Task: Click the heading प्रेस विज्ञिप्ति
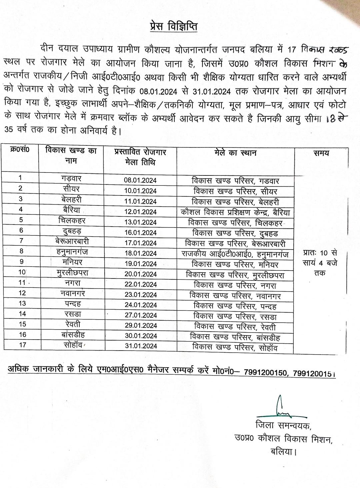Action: click(x=173, y=26)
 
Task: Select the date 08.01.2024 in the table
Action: click(x=140, y=180)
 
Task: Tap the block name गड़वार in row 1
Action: click(x=71, y=178)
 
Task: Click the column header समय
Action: click(x=321, y=153)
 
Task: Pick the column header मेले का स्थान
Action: click(x=235, y=153)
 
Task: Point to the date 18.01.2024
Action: click(x=140, y=253)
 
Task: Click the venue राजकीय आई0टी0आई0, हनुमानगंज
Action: click(x=235, y=254)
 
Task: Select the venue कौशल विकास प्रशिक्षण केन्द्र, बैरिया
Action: click(x=235, y=212)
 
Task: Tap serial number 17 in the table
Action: click(x=22, y=345)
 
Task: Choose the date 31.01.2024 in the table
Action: click(x=141, y=346)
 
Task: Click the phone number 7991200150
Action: click(x=265, y=373)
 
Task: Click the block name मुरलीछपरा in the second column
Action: click(x=72, y=273)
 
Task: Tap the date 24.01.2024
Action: click(x=140, y=305)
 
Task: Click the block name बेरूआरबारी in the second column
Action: click(x=72, y=241)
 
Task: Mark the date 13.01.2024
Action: click(x=140, y=222)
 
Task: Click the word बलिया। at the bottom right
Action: click(x=283, y=452)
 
